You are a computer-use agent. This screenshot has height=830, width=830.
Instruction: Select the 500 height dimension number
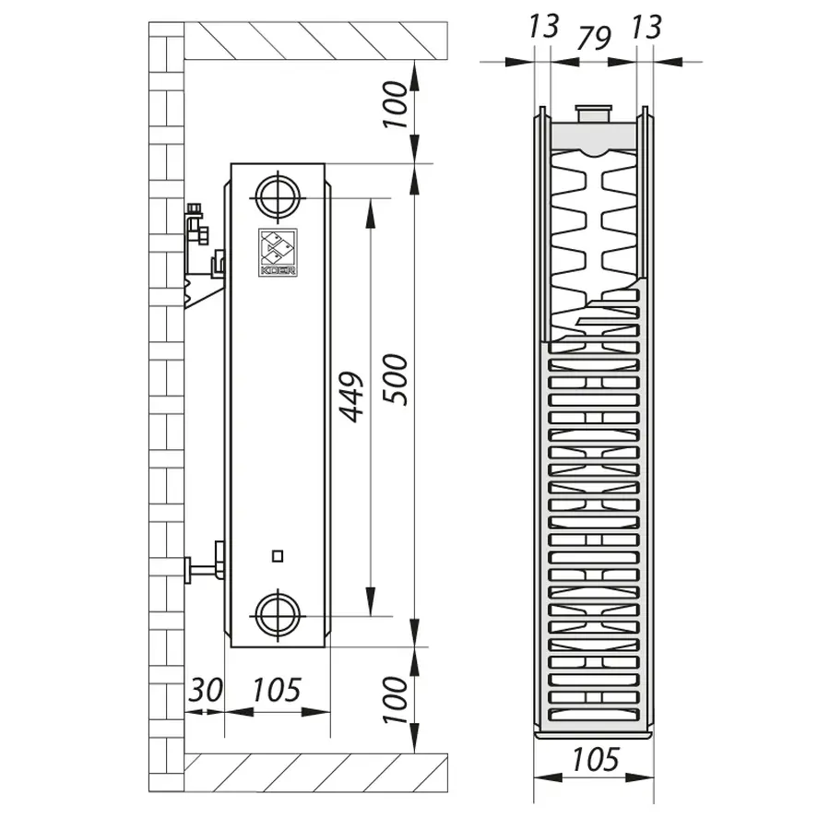point(395,377)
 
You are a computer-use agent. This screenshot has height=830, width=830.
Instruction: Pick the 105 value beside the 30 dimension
point(276,689)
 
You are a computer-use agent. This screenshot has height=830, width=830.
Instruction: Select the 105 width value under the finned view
point(595,759)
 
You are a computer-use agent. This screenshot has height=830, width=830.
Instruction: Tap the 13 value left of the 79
point(544,27)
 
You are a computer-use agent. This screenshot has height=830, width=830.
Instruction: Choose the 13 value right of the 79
point(646,27)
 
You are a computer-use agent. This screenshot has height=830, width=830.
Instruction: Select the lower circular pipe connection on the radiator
point(278,615)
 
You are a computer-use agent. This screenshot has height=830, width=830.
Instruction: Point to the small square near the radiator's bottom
point(278,555)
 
